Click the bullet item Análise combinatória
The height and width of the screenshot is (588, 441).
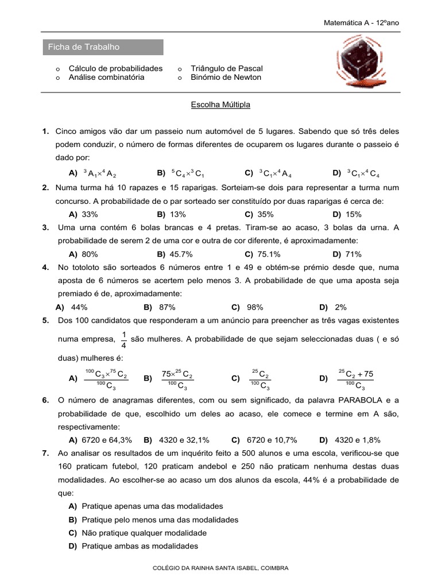coord(106,78)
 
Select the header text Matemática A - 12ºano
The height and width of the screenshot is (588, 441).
coord(362,22)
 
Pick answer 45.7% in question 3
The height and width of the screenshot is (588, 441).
coord(178,254)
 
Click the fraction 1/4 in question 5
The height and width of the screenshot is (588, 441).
coord(124,339)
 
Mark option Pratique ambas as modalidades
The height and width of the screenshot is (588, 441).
coord(140,546)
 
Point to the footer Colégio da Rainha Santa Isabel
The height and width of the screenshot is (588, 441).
coord(220,568)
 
